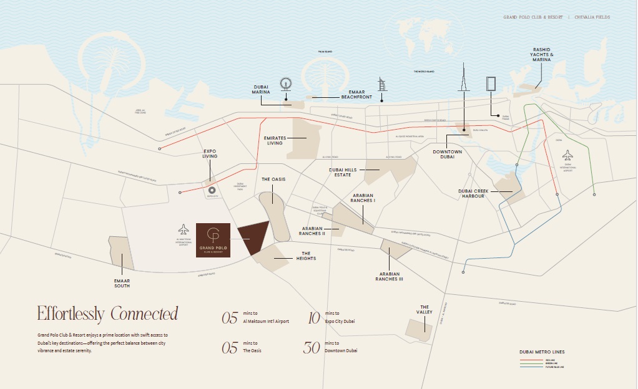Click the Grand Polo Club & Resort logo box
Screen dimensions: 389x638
(x=213, y=240)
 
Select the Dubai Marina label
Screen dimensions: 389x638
(x=261, y=90)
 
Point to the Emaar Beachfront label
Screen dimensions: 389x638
(x=356, y=95)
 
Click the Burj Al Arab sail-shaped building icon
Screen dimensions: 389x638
(x=382, y=85)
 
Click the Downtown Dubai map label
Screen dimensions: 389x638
(x=447, y=155)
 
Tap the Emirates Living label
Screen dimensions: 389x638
(x=275, y=140)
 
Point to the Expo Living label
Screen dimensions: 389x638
(x=210, y=154)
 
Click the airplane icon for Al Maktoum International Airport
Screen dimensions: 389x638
(x=183, y=229)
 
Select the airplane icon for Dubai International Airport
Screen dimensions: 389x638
(x=567, y=155)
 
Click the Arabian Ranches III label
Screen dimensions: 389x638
(x=389, y=277)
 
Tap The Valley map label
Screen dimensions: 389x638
(x=425, y=310)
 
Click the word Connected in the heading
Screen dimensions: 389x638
(x=144, y=314)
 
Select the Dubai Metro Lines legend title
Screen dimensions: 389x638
(x=542, y=352)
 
